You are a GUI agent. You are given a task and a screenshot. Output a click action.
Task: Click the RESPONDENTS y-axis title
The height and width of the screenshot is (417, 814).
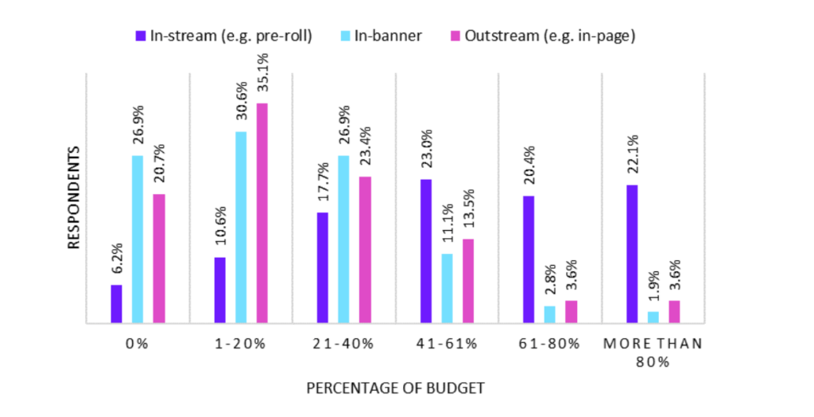74,197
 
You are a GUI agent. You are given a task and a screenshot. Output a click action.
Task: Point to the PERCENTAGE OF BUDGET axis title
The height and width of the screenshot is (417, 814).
395,388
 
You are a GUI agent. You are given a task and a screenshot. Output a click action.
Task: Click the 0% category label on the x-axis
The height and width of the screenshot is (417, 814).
137,344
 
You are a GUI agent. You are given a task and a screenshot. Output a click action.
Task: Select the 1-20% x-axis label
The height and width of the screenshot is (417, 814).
240,344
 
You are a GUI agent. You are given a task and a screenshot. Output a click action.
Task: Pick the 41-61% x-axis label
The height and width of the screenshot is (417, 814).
446,344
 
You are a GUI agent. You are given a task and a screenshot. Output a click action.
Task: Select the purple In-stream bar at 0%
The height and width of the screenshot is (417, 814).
117,304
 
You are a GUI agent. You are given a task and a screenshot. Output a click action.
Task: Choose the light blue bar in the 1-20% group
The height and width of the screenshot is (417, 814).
241,228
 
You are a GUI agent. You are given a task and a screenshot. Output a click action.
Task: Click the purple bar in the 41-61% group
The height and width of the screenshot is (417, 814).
426,251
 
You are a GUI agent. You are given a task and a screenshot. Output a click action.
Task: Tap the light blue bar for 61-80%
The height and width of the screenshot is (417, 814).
550,315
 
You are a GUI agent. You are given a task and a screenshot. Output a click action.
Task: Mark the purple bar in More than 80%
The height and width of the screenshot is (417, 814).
633,254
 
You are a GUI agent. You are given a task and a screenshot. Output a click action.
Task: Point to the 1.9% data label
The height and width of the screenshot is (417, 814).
653,286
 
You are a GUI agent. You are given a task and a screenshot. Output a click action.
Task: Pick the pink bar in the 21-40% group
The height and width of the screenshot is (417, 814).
365,250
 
